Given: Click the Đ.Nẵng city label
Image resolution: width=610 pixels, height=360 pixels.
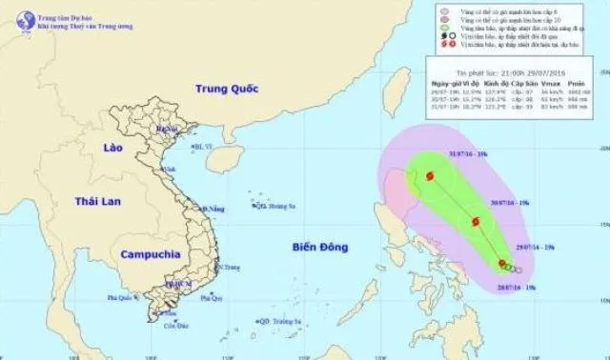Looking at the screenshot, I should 213,209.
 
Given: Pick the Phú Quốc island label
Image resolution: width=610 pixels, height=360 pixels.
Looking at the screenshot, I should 118,299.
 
